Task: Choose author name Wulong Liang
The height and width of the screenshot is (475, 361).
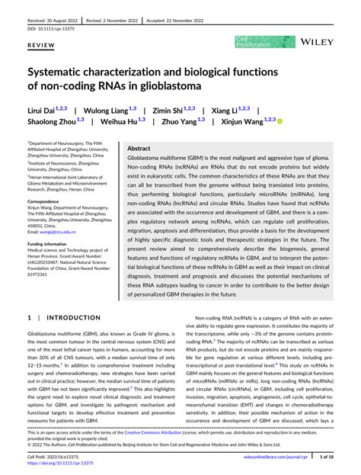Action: pyautogui.click(x=107, y=111)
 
